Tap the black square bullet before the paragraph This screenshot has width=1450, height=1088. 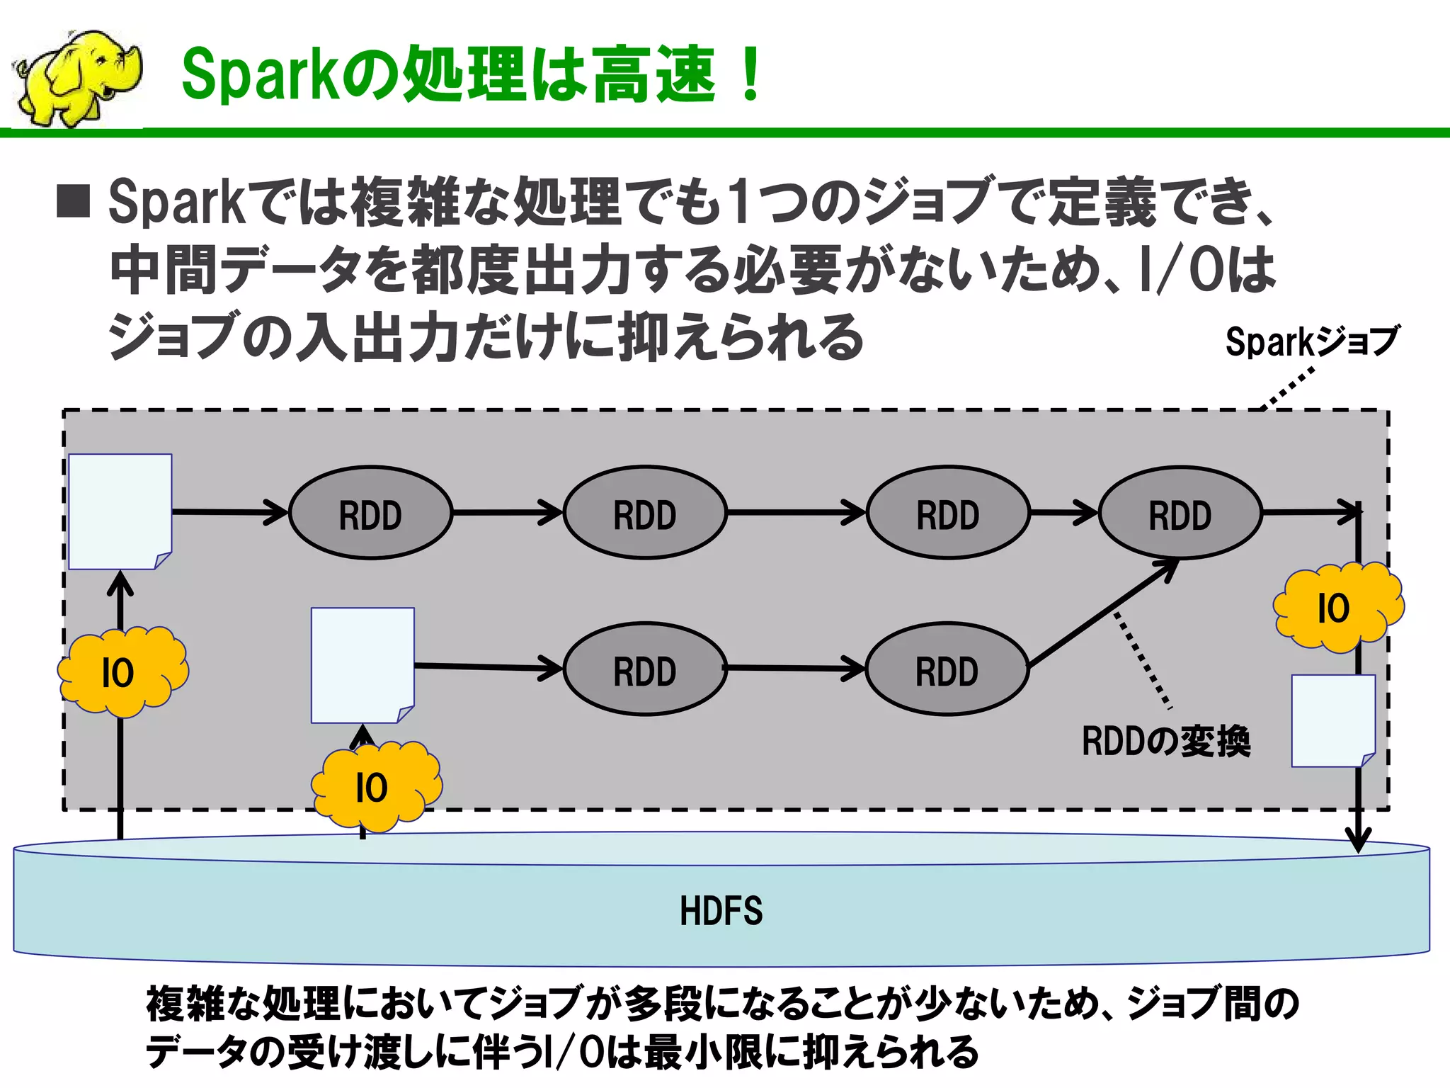click(74, 201)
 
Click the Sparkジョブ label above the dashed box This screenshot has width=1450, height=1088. click(1311, 341)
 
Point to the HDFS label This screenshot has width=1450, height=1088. click(721, 911)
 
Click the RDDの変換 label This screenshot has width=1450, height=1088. click(1165, 742)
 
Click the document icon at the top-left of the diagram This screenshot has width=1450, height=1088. click(120, 511)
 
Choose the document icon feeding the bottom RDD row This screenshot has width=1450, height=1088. click(362, 664)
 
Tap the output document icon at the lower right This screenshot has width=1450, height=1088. click(1332, 720)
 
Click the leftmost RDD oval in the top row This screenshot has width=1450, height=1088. click(370, 513)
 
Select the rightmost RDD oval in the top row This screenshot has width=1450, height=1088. click(1180, 513)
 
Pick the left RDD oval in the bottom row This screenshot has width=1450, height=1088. click(644, 669)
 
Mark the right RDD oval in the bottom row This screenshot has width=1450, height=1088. click(947, 669)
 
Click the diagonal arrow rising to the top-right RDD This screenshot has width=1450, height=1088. click(1102, 613)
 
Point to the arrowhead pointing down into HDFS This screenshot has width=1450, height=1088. click(1358, 840)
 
